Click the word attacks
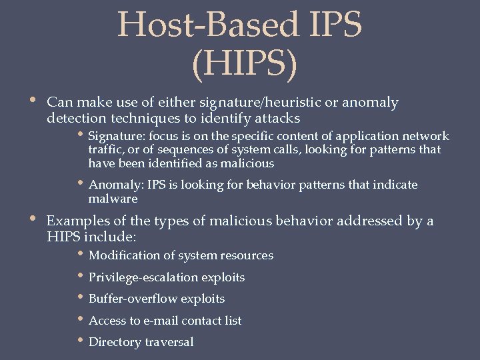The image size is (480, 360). click(x=273, y=118)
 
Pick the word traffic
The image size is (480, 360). click(x=103, y=150)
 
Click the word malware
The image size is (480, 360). click(x=113, y=199)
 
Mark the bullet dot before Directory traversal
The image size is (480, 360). click(x=81, y=341)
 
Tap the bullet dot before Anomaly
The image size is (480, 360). click(x=81, y=184)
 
